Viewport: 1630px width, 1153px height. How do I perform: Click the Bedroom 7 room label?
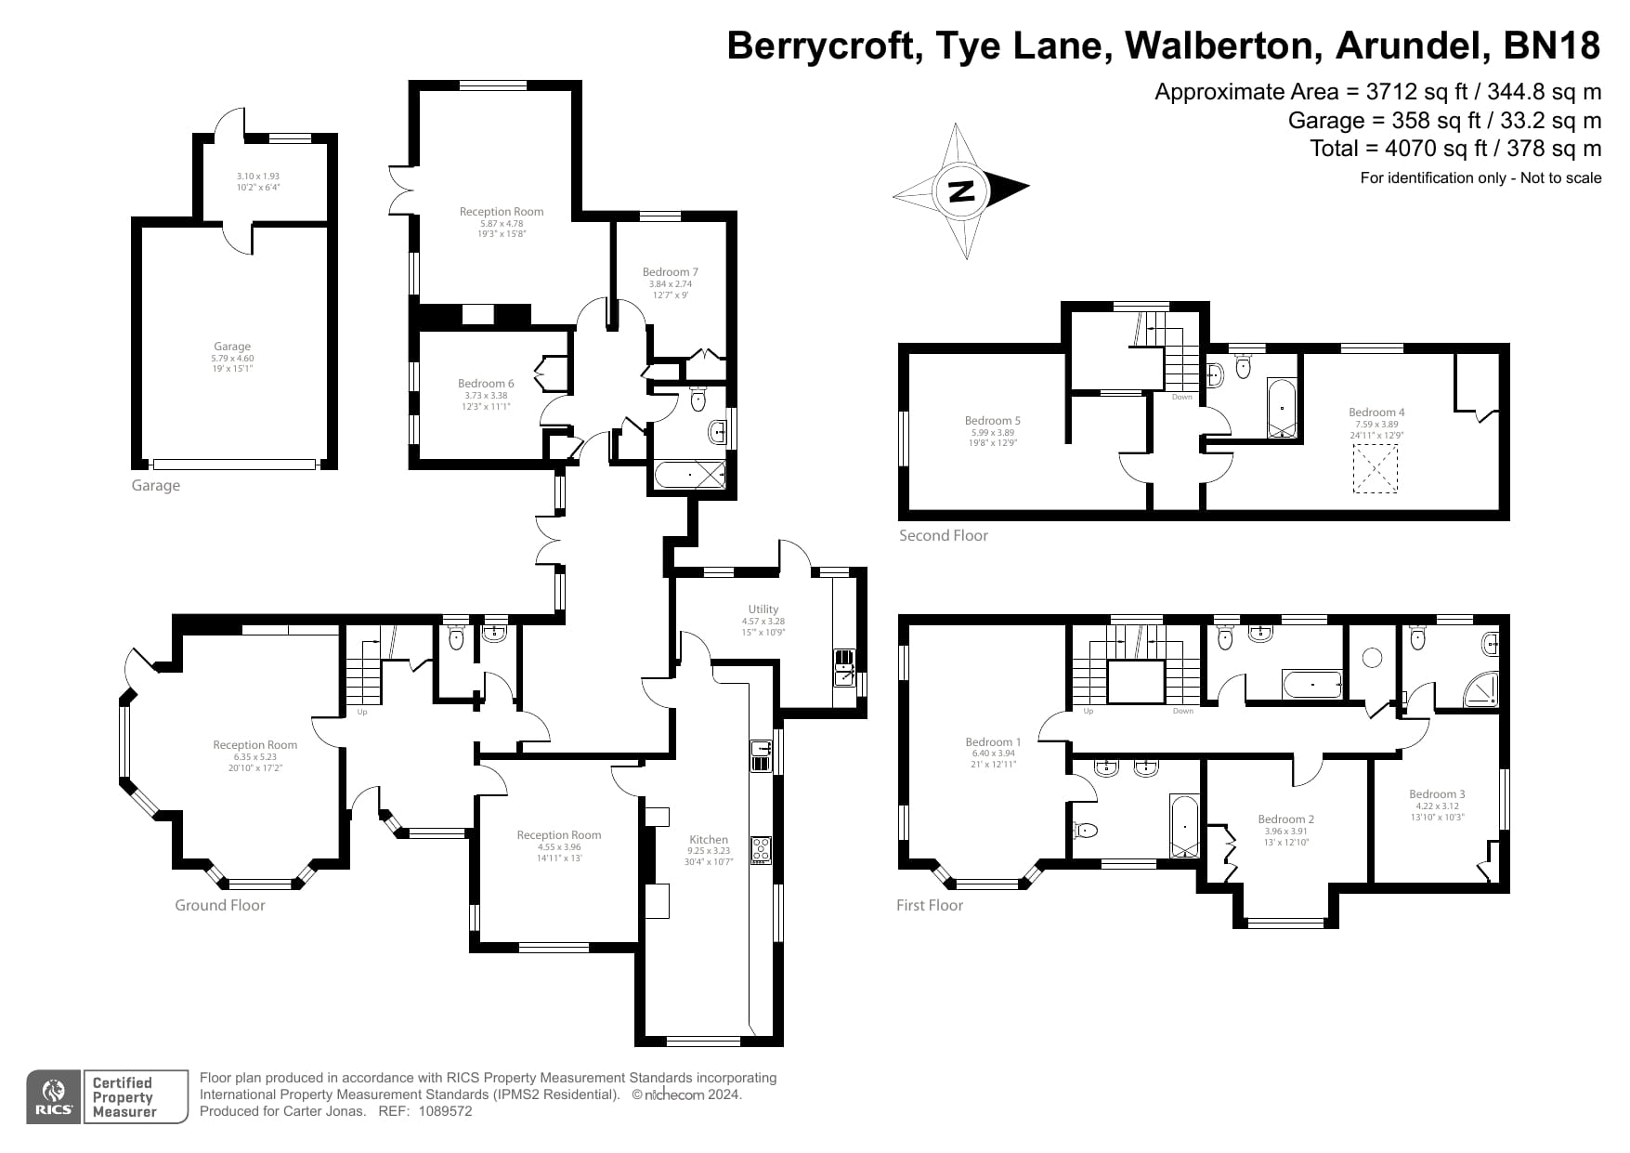tap(670, 272)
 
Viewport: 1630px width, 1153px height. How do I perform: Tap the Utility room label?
tap(763, 609)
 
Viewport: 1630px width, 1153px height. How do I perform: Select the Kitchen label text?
tap(708, 839)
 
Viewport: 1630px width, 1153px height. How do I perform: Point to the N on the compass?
tap(961, 190)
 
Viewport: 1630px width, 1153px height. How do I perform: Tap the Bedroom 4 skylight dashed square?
tap(1375, 468)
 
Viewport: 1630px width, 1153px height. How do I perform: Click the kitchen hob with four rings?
tap(761, 850)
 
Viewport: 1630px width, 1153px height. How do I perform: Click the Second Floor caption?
tap(943, 535)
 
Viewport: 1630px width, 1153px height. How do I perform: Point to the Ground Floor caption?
tap(220, 905)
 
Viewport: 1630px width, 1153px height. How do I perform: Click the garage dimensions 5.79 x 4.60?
tap(232, 358)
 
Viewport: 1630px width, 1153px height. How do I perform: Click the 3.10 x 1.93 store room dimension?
tap(257, 176)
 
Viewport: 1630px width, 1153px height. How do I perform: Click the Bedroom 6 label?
tap(485, 383)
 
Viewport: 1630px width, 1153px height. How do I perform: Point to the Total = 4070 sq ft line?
tap(1454, 148)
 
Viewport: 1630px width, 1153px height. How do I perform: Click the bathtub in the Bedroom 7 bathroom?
tap(689, 476)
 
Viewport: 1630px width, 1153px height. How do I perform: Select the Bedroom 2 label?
tap(1285, 819)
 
